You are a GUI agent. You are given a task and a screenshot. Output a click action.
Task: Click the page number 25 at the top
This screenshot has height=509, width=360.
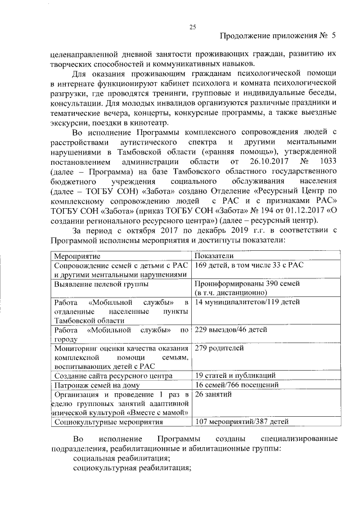[192, 26]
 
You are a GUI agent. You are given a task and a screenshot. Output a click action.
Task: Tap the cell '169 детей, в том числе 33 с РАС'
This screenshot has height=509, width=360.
[249, 265]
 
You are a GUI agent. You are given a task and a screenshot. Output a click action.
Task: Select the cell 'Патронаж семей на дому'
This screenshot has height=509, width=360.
[96, 385]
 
